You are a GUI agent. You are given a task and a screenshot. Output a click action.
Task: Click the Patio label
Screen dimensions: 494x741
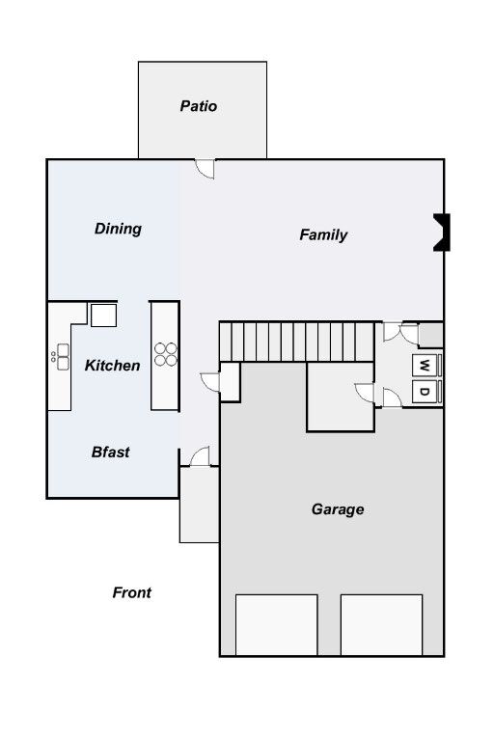click(x=199, y=106)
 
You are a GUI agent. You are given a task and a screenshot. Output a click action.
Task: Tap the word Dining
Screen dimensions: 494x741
click(x=118, y=229)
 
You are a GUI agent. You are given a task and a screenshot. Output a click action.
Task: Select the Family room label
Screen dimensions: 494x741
click(x=323, y=234)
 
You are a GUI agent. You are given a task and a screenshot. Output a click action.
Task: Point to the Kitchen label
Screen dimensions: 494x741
click(x=113, y=366)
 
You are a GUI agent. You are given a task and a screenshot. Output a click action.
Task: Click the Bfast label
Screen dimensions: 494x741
click(x=111, y=453)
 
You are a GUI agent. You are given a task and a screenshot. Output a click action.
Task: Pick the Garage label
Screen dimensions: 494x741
click(x=338, y=509)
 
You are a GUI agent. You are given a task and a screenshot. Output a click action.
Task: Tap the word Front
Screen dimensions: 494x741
click(x=132, y=592)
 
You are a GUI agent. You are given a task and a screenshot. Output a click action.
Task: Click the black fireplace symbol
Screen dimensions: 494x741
click(x=442, y=232)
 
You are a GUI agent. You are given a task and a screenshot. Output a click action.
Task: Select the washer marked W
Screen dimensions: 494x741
click(x=424, y=366)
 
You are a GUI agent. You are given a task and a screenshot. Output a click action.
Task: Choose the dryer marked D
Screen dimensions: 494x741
click(x=424, y=392)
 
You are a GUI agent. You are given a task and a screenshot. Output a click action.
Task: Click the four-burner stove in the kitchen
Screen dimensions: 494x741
click(x=165, y=354)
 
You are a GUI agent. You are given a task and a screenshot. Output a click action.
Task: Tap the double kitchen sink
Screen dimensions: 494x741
click(x=63, y=357)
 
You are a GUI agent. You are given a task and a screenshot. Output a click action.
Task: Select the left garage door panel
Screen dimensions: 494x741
click(x=277, y=625)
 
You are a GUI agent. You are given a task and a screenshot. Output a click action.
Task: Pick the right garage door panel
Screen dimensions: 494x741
click(x=381, y=625)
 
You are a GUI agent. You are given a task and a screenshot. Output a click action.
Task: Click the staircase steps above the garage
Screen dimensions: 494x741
click(x=297, y=342)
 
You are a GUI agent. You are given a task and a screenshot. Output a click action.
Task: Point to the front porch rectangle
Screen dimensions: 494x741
click(x=199, y=505)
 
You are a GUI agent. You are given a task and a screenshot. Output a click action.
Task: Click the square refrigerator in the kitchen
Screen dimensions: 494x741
click(x=103, y=316)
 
